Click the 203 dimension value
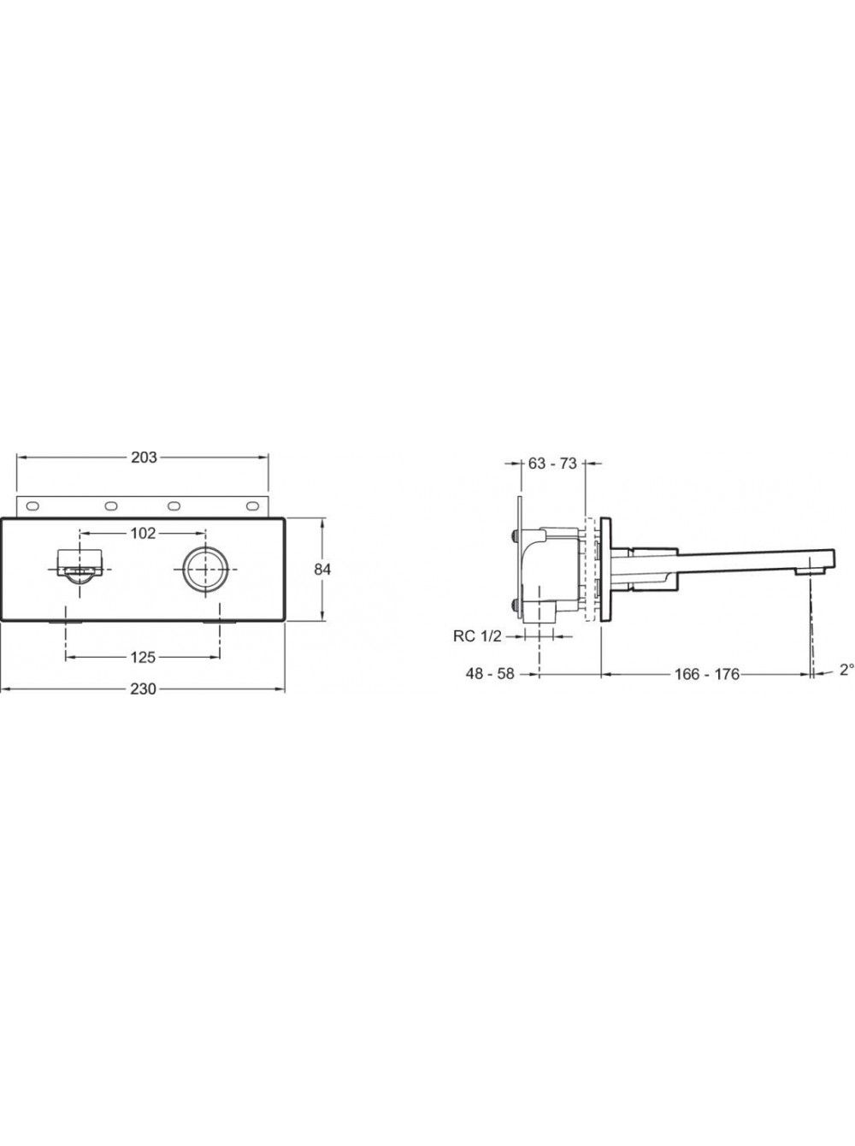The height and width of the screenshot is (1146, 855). pos(144,458)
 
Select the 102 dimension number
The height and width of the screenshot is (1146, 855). pos(143,533)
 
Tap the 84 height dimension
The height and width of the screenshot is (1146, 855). pos(322,570)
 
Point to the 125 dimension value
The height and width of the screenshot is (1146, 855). pos(143,658)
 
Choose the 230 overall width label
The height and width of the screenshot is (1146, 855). pos(143,689)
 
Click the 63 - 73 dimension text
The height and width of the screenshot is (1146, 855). pos(552,463)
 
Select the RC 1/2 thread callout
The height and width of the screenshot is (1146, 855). pos(477,636)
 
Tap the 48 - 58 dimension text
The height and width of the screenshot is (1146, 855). pos(490,674)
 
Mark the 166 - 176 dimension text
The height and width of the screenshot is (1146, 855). pos(707,675)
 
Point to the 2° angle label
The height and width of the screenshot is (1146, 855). pos(846,670)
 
